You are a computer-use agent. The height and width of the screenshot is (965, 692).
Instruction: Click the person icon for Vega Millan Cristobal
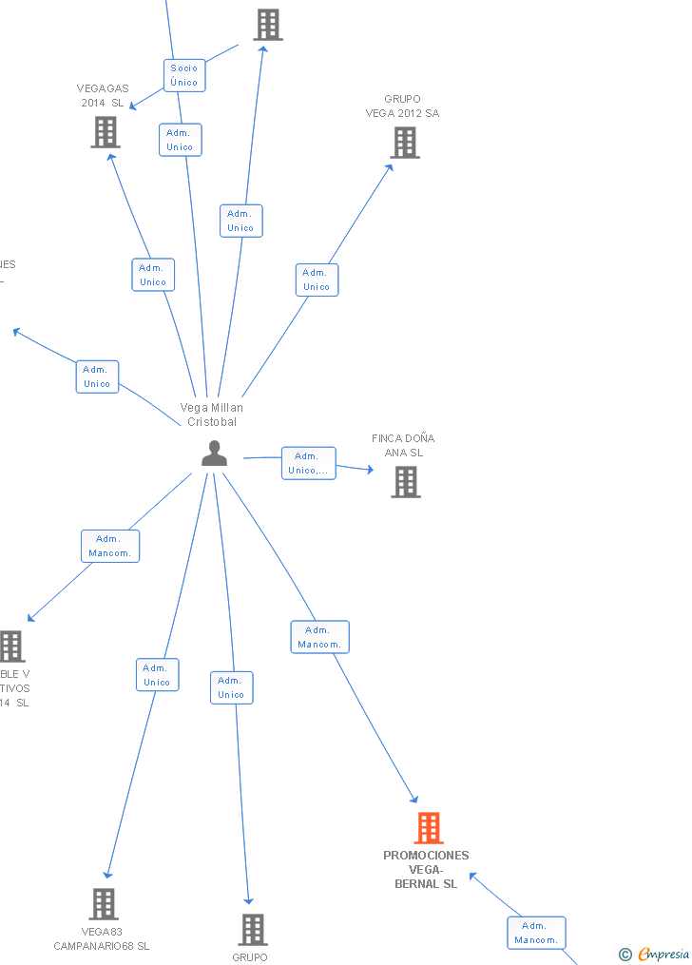click(x=215, y=454)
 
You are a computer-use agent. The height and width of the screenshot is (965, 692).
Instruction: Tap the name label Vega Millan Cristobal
click(x=212, y=415)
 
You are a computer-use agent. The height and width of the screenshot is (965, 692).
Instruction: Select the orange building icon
click(x=429, y=828)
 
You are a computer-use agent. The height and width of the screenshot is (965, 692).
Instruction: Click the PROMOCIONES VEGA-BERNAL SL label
click(x=426, y=869)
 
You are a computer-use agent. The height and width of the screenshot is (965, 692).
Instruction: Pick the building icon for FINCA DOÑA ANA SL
click(x=406, y=482)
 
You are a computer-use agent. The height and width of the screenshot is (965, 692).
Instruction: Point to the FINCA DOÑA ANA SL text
click(x=403, y=445)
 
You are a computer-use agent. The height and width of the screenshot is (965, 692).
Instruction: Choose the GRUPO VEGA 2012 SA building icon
click(x=405, y=143)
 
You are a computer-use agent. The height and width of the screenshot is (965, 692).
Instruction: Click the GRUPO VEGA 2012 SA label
click(x=403, y=106)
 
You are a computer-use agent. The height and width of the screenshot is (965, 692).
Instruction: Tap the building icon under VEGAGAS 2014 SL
click(x=106, y=132)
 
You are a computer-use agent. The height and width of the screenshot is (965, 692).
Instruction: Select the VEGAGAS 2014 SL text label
click(x=102, y=95)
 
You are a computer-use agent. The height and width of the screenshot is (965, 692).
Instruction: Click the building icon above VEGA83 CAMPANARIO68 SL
click(x=104, y=904)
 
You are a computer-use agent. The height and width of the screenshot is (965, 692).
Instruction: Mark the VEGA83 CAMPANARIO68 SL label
click(x=102, y=938)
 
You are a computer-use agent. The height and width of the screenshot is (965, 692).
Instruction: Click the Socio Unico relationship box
click(x=184, y=75)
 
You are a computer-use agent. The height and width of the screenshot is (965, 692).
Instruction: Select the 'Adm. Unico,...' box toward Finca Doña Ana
click(x=309, y=463)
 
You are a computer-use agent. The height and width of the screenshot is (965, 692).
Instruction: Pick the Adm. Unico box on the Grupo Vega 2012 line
click(x=317, y=280)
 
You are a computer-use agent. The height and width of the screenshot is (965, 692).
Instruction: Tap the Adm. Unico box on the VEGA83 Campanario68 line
click(x=157, y=675)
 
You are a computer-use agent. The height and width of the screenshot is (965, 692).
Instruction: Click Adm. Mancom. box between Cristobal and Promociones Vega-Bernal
click(x=319, y=637)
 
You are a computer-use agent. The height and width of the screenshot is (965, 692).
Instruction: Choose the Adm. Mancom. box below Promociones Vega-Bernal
click(x=536, y=933)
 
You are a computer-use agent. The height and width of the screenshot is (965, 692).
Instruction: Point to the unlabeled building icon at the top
click(x=268, y=25)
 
